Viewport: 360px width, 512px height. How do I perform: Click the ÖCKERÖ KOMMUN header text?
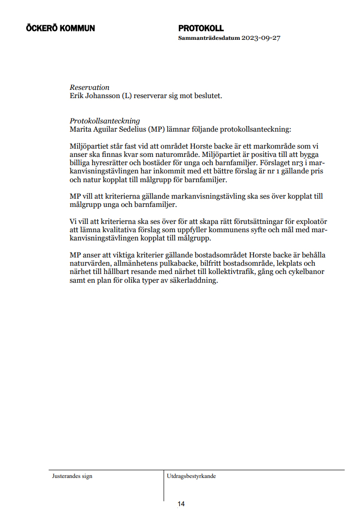click(x=60, y=28)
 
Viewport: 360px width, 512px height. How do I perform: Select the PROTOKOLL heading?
click(x=201, y=28)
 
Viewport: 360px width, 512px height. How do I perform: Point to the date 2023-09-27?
click(x=262, y=38)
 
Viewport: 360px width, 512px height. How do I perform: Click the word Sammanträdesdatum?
click(x=208, y=38)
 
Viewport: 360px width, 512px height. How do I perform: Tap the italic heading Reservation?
click(x=89, y=87)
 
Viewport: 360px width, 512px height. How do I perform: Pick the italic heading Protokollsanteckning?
click(x=104, y=121)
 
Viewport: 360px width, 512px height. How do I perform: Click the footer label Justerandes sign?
click(x=72, y=476)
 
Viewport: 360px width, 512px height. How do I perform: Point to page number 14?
click(x=181, y=504)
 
